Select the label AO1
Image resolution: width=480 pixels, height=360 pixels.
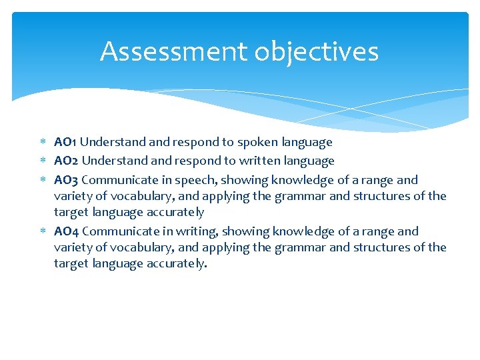65,142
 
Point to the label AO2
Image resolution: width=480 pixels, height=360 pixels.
66,161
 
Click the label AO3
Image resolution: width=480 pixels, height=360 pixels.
66,180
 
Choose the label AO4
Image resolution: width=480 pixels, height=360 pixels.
66,231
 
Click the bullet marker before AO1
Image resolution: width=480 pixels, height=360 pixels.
43,142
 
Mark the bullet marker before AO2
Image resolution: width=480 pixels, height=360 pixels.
43,161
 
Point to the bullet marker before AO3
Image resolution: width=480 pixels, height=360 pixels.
43,180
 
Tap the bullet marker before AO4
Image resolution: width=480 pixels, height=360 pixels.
43,231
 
